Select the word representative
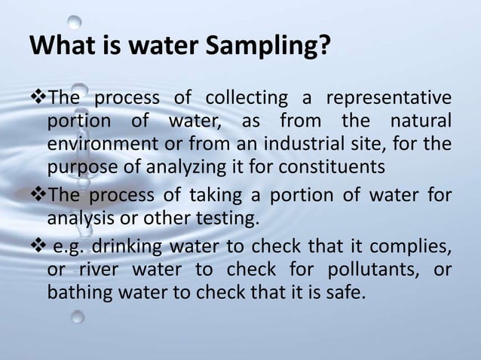pos(388,99)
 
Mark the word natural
pos(420,121)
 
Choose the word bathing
pos(79,291)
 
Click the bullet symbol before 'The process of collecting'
pos(38,99)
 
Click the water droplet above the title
pos(75,20)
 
